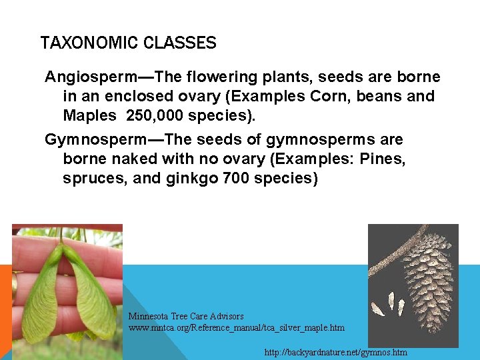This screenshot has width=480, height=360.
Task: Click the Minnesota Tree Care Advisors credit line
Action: click(186, 316)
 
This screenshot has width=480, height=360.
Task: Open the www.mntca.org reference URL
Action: click(237, 327)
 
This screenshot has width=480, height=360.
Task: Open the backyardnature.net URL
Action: click(335, 352)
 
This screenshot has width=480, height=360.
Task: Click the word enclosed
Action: click(155, 96)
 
